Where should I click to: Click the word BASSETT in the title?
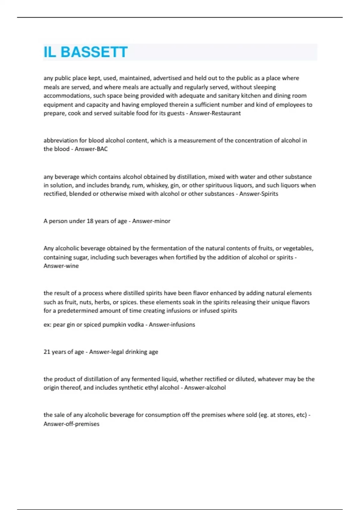pos(94,52)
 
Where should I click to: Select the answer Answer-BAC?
pos(91,149)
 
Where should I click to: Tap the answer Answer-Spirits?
pos(259,194)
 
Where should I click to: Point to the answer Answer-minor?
pos(151,221)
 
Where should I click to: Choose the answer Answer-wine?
pos(61,266)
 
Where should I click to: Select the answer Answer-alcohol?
pos(205,388)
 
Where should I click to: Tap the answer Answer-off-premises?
pos(71,424)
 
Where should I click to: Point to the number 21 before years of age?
pos(47,352)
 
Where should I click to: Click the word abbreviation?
pos(61,140)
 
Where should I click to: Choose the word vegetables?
pos(298,248)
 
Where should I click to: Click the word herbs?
pos(101,302)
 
